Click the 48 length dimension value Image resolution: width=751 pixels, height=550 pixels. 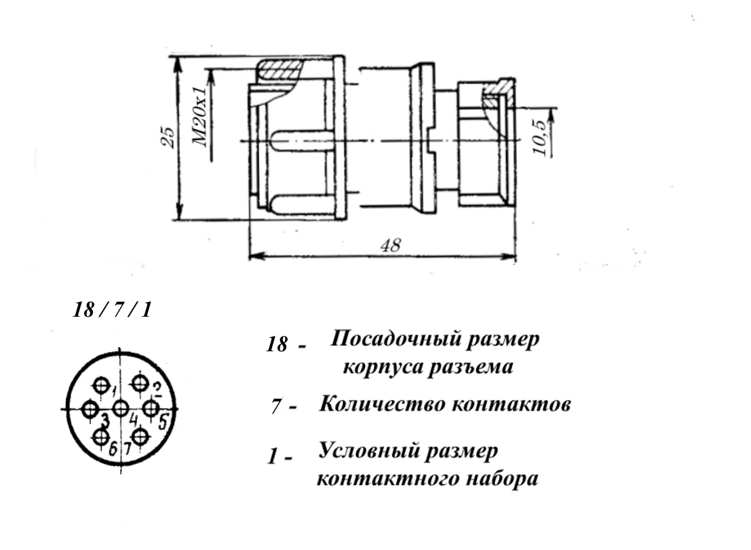390,245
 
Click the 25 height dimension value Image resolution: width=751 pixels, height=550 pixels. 168,137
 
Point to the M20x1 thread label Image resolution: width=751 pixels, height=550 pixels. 199,117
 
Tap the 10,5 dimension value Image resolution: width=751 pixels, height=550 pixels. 539,138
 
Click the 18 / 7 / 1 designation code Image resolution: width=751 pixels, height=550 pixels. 112,310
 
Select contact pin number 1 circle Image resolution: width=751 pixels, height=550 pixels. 101,385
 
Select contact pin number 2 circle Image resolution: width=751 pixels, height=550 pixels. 140,382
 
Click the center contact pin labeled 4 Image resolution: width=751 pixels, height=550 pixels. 121,409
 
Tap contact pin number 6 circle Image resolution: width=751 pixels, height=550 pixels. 101,437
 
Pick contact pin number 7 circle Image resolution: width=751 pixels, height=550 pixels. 140,437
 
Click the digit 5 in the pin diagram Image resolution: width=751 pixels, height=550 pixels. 163,423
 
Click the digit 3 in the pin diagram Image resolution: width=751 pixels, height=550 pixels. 105,420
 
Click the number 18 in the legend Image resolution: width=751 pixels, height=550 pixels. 277,344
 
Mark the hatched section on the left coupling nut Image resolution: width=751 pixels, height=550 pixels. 280,70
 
